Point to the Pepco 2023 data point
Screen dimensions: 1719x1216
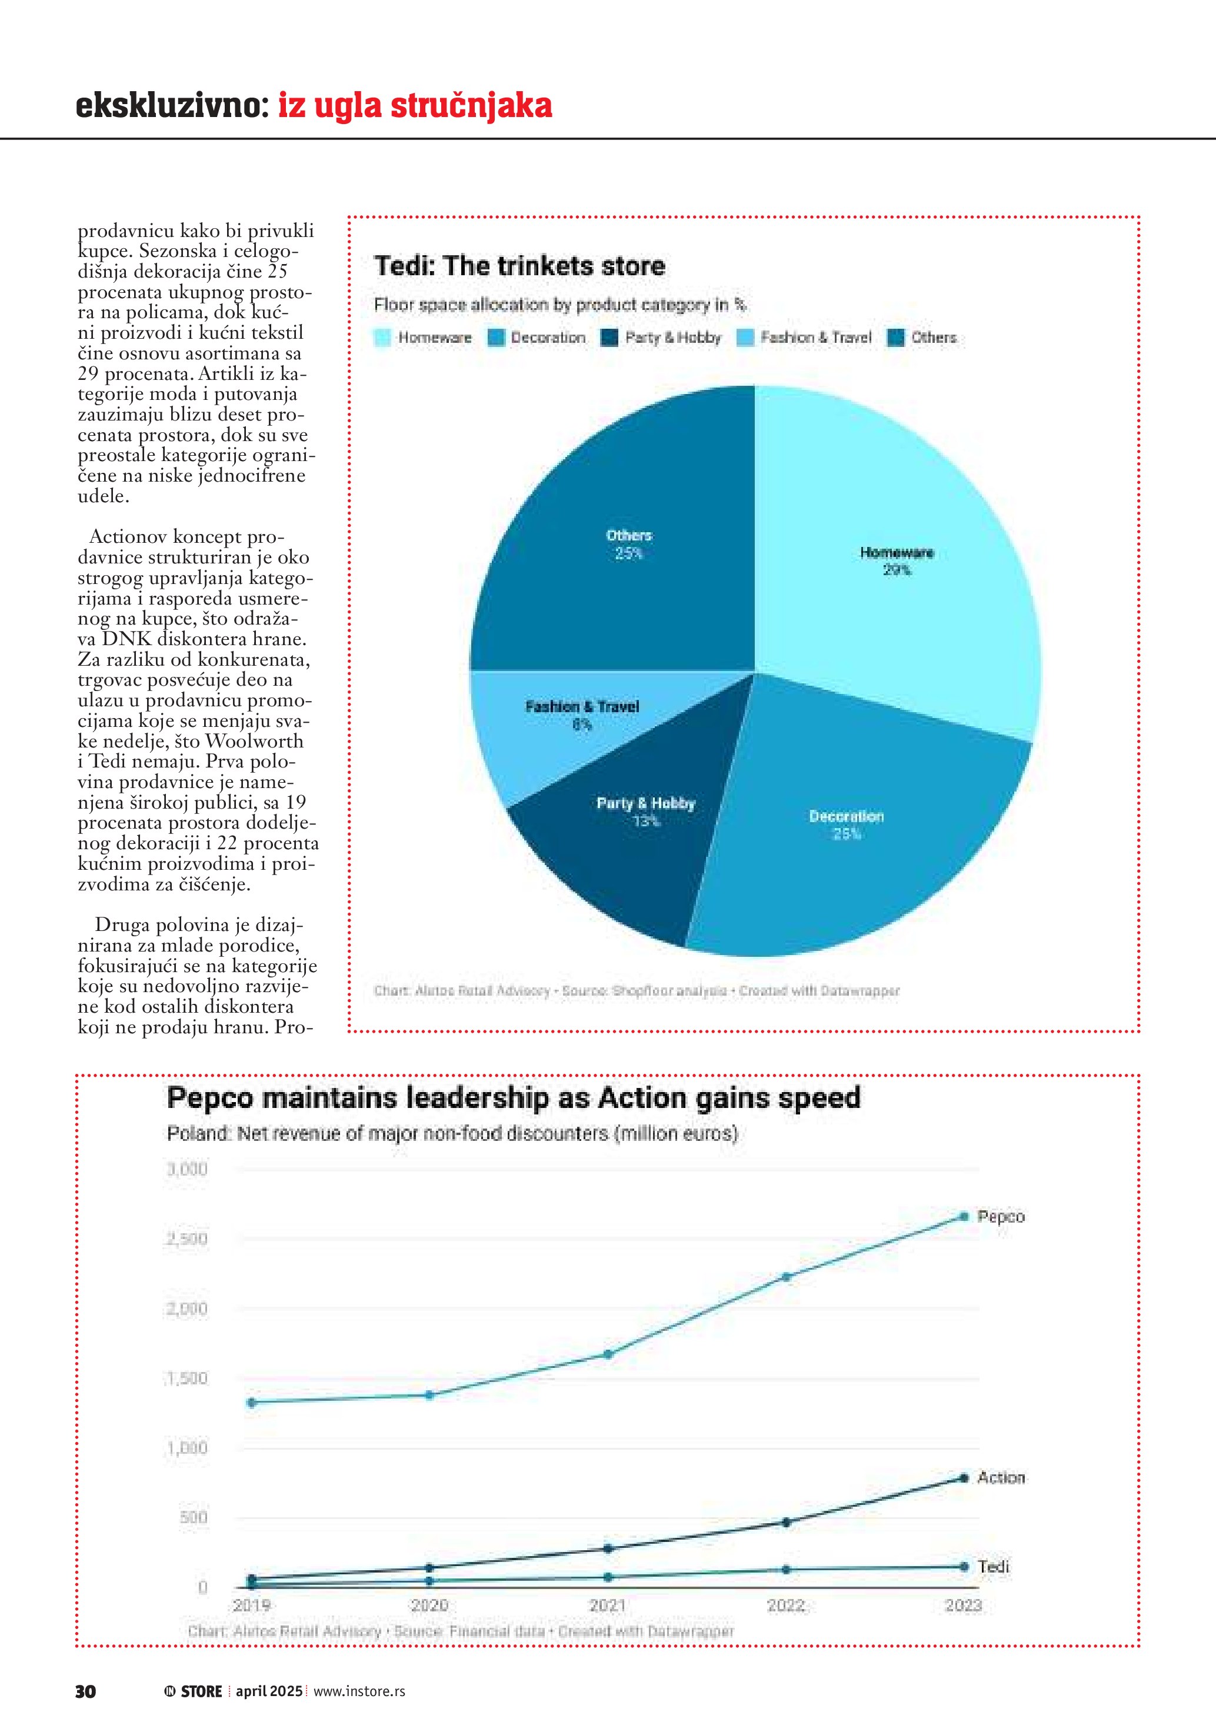[964, 1217]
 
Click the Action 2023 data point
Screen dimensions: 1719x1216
[964, 1478]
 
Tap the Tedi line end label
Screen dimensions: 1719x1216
[994, 1566]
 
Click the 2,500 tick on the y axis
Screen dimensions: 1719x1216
[186, 1239]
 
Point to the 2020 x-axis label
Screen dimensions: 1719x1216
[429, 1605]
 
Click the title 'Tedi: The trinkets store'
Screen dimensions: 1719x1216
[519, 266]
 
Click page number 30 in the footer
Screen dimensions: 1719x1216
[85, 1691]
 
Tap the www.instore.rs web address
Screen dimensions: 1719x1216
[359, 1691]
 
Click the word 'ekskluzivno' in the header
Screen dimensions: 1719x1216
[170, 106]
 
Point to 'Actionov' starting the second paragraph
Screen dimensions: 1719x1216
[124, 537]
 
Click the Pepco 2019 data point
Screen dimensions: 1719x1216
[252, 1402]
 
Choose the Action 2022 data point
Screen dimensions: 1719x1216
[786, 1522]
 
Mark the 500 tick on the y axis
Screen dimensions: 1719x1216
[193, 1518]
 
